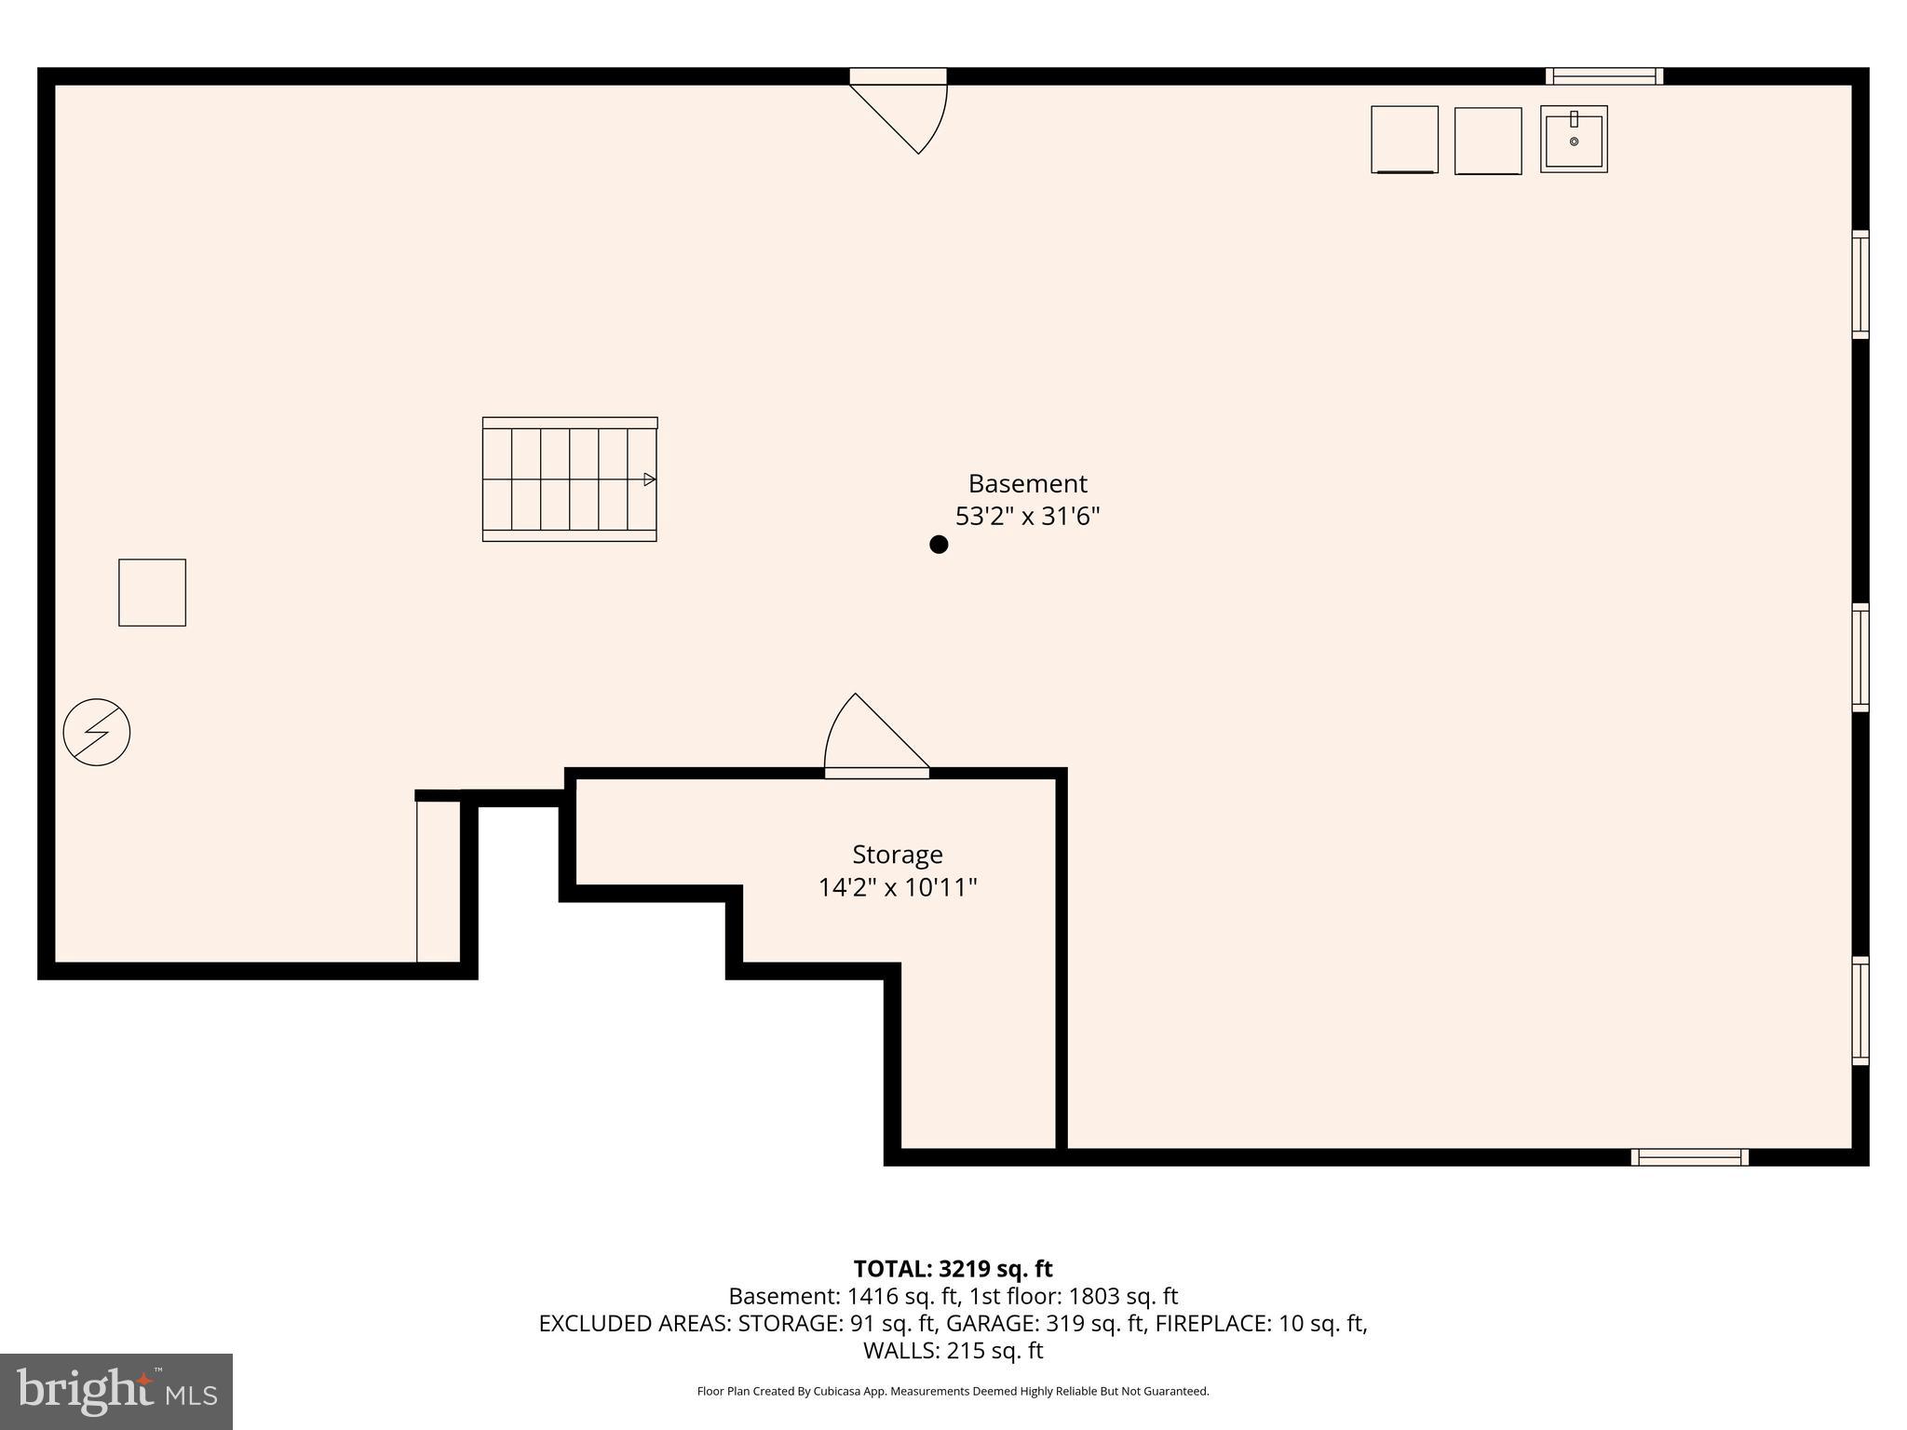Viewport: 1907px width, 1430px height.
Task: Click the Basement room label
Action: tap(1027, 484)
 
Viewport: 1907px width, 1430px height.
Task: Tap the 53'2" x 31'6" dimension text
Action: tap(1027, 516)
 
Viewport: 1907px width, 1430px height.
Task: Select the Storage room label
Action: tap(898, 855)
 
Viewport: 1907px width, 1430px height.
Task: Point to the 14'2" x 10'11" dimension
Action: tap(898, 887)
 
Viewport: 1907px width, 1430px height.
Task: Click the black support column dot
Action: tap(939, 545)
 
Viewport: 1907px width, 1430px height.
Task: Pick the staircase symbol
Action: tap(570, 479)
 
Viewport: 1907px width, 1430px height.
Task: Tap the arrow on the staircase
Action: tap(649, 479)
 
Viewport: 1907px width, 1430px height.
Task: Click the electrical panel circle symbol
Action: tap(97, 733)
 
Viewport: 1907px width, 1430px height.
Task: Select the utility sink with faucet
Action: tap(1574, 139)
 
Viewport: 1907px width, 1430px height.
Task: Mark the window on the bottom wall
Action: tap(1689, 1157)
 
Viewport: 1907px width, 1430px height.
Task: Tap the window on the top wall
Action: tap(1604, 76)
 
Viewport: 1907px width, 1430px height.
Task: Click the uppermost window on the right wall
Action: tap(1860, 284)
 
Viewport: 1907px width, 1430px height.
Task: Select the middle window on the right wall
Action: tap(1860, 657)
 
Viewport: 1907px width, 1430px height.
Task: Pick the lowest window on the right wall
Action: tap(1860, 1010)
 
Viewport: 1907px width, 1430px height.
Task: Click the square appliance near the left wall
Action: tap(152, 593)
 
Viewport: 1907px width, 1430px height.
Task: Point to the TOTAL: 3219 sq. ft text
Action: tap(953, 1269)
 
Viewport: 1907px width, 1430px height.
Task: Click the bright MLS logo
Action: tap(116, 1391)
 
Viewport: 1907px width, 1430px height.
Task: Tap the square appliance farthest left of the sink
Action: tap(1404, 140)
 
